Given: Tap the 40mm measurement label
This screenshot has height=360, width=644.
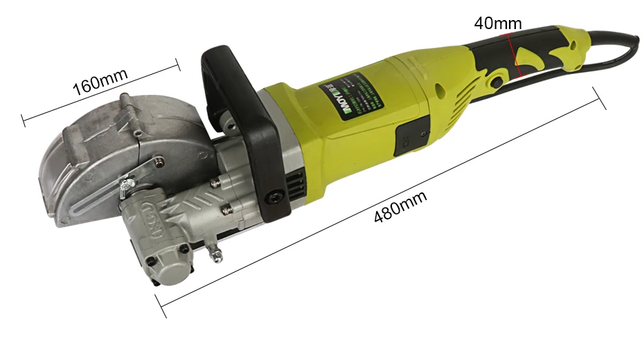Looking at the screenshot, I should (497, 23).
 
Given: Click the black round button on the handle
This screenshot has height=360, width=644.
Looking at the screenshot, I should (497, 82).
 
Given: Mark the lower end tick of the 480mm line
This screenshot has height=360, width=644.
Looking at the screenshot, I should (160, 305).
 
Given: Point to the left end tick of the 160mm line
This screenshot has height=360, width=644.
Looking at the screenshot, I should (24, 119).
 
